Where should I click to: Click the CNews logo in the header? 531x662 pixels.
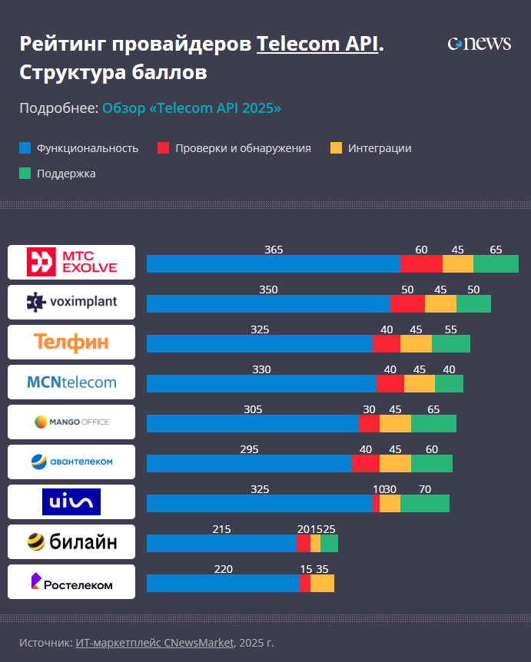479,44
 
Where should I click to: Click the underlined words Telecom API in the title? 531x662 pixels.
317,44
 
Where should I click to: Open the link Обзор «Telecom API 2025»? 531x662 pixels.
191,108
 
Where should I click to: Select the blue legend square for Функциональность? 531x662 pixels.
25,148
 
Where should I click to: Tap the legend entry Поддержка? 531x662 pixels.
66,174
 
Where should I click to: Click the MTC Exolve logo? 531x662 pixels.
71,262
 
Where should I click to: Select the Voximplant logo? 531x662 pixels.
71,302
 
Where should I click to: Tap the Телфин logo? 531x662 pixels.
71,342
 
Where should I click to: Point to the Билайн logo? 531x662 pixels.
71,541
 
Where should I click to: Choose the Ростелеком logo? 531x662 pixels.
71,581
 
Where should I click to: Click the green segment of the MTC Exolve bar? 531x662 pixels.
496,263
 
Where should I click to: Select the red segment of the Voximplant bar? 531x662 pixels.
407,303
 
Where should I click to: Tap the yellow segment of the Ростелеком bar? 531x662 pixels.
322,583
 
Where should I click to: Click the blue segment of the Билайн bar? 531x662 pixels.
221,543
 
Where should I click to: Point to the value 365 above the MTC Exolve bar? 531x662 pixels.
274,250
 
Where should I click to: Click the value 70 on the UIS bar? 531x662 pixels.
425,489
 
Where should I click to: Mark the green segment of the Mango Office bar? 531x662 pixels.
433,423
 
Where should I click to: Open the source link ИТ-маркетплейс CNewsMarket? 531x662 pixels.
154,642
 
